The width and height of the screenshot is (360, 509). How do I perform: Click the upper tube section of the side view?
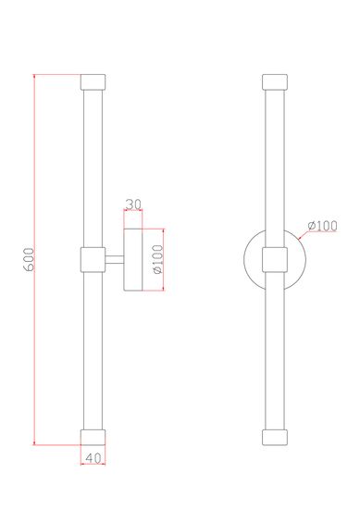[x=94, y=167]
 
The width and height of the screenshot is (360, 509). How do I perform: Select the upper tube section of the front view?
[x=274, y=167]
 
